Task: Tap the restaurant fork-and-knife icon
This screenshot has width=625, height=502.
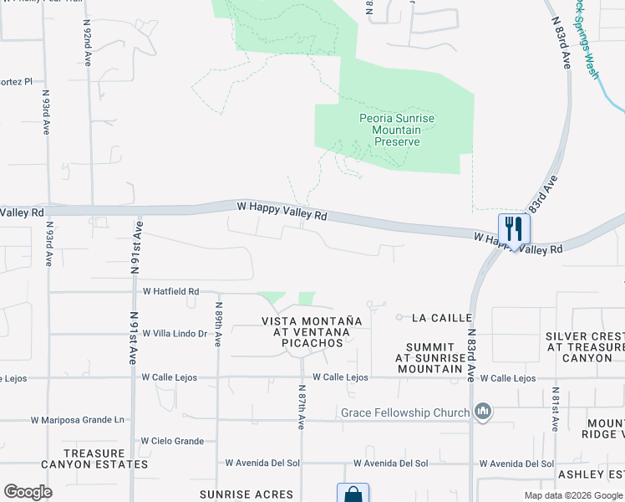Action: [514, 228]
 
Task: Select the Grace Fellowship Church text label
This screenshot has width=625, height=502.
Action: [404, 412]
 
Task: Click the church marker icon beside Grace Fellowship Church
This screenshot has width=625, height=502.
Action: [482, 412]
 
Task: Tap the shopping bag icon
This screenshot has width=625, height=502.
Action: [352, 494]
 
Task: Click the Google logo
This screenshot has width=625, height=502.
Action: [28, 492]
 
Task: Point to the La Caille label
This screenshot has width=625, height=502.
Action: [443, 318]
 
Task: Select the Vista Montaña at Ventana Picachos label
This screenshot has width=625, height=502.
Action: [312, 332]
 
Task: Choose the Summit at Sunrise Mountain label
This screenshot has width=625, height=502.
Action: [429, 357]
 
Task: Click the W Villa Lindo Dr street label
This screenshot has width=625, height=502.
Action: [175, 333]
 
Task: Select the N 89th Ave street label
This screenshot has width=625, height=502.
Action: [217, 325]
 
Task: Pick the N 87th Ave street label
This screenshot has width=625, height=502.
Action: [301, 406]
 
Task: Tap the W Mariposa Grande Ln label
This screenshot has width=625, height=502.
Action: [77, 420]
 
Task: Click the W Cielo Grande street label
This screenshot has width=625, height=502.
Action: [172, 441]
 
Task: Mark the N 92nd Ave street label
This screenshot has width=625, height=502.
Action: [87, 44]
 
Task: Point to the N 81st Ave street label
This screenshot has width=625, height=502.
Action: [556, 409]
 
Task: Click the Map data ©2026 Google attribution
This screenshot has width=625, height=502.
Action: [572, 495]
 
